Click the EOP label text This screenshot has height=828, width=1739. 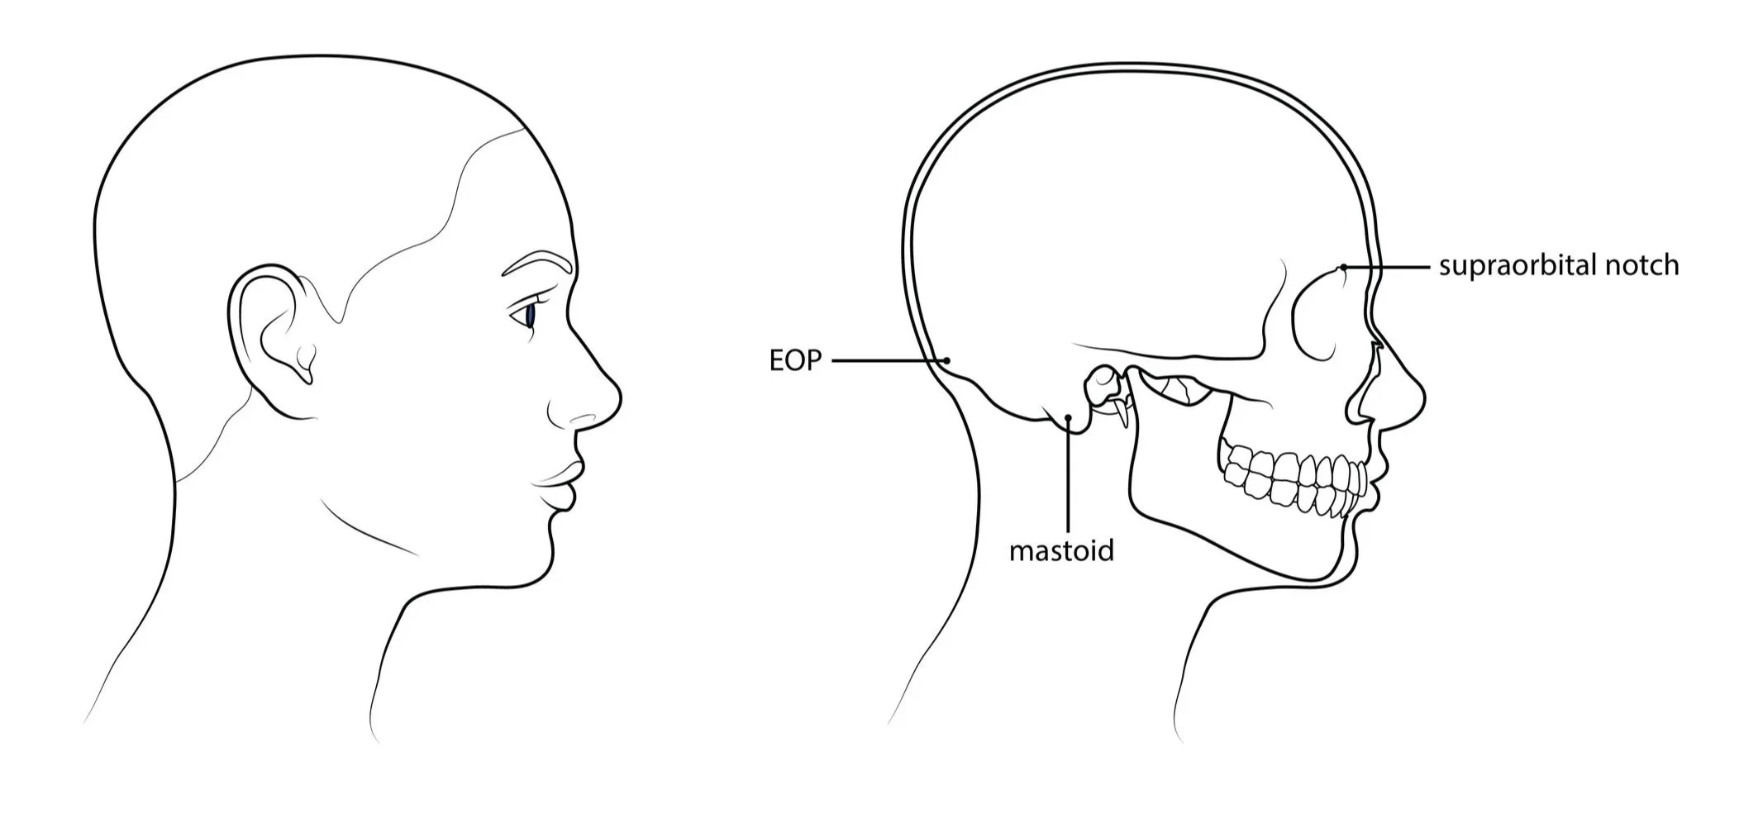click(795, 361)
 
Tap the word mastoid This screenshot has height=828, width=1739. click(1061, 550)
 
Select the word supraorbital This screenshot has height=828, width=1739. click(1517, 266)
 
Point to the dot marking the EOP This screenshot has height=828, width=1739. click(948, 360)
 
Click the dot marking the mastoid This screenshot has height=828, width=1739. click(1068, 418)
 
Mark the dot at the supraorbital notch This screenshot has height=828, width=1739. click(1344, 267)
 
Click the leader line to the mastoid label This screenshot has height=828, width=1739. click(1068, 479)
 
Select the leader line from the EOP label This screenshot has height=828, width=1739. click(889, 360)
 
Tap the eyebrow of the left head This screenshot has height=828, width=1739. click(537, 262)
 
